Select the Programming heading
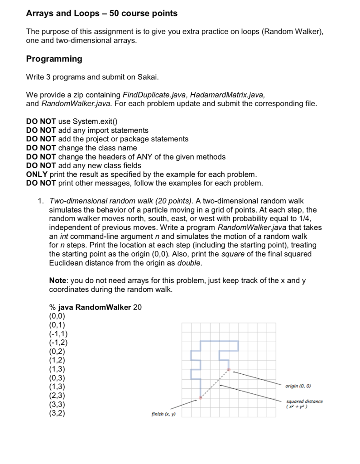pyautogui.click(x=54, y=59)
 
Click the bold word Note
pyautogui.click(x=58, y=280)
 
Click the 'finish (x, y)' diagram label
pyautogui.click(x=164, y=414)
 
